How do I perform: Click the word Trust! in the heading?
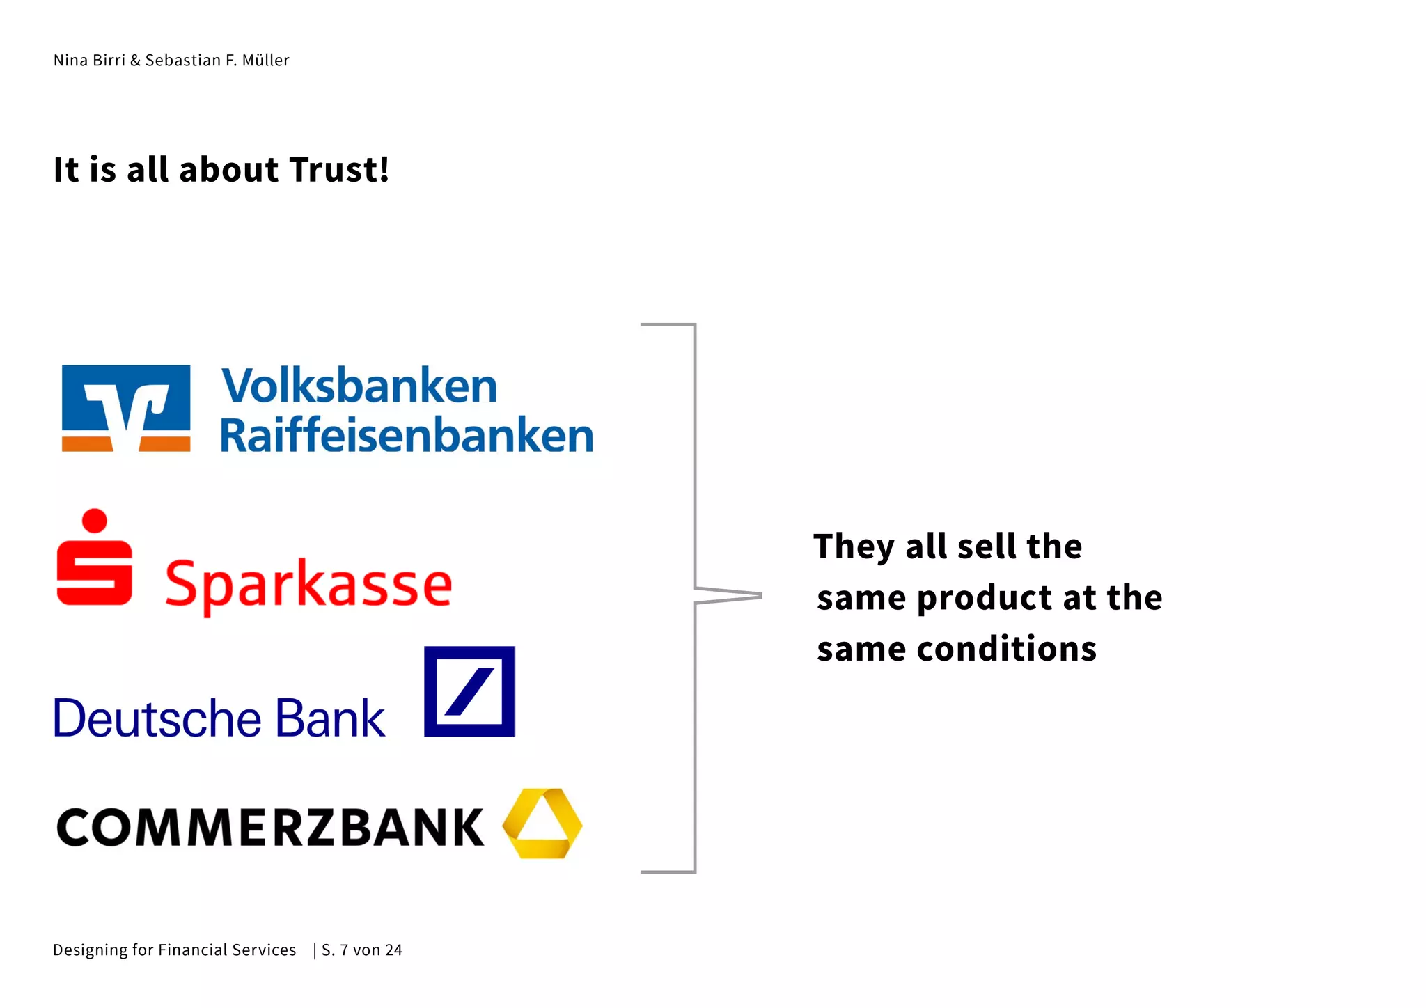tap(339, 170)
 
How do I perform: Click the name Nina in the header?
tap(70, 61)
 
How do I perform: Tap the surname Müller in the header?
tap(265, 61)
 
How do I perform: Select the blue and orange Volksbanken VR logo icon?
tap(126, 408)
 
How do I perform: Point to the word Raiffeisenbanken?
tap(407, 436)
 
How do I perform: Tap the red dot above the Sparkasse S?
tap(94, 520)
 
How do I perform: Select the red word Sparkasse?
tap(308, 584)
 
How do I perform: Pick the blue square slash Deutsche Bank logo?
tap(469, 691)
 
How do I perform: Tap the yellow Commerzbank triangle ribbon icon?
tap(542, 824)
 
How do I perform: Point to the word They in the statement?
tap(854, 546)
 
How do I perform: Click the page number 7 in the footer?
tap(344, 950)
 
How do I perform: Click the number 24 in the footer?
tap(393, 950)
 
